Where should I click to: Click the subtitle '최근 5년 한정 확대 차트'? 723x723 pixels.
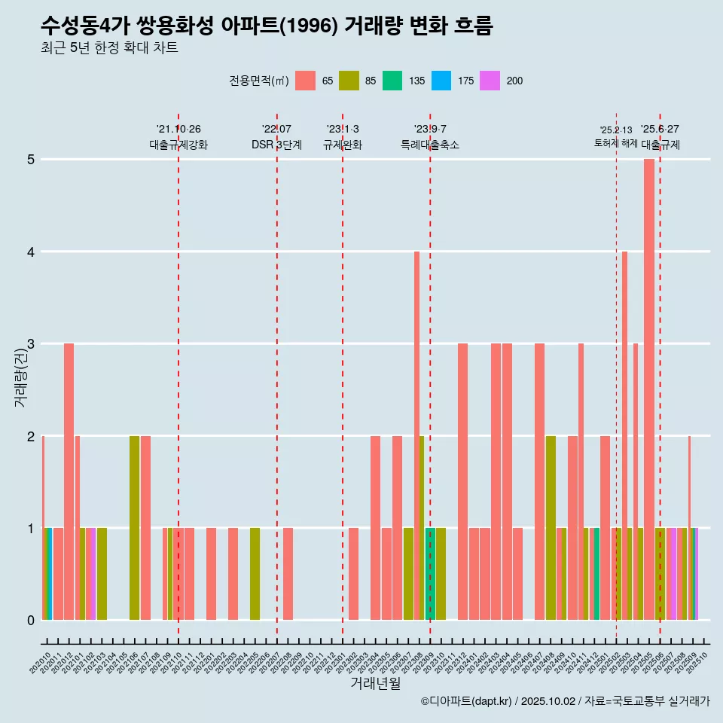109,49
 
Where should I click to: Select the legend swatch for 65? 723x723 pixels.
305,81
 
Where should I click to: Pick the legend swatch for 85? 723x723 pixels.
349,81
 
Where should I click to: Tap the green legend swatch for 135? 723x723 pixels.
392,81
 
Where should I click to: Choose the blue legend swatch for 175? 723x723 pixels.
441,81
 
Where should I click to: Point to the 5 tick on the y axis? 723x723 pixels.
31,160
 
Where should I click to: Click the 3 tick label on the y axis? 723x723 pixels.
31,344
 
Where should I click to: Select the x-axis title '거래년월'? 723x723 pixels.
375,683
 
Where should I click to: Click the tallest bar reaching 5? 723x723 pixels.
649,389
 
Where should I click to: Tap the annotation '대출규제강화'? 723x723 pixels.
178,145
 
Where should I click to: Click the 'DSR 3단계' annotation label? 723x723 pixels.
276,145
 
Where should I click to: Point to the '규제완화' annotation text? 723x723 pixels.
343,145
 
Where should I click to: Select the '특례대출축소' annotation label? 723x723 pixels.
430,145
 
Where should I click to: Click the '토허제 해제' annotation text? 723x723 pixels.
616,143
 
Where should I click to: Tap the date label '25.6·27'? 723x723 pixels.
660,129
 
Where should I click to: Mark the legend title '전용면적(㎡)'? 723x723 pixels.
259,81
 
